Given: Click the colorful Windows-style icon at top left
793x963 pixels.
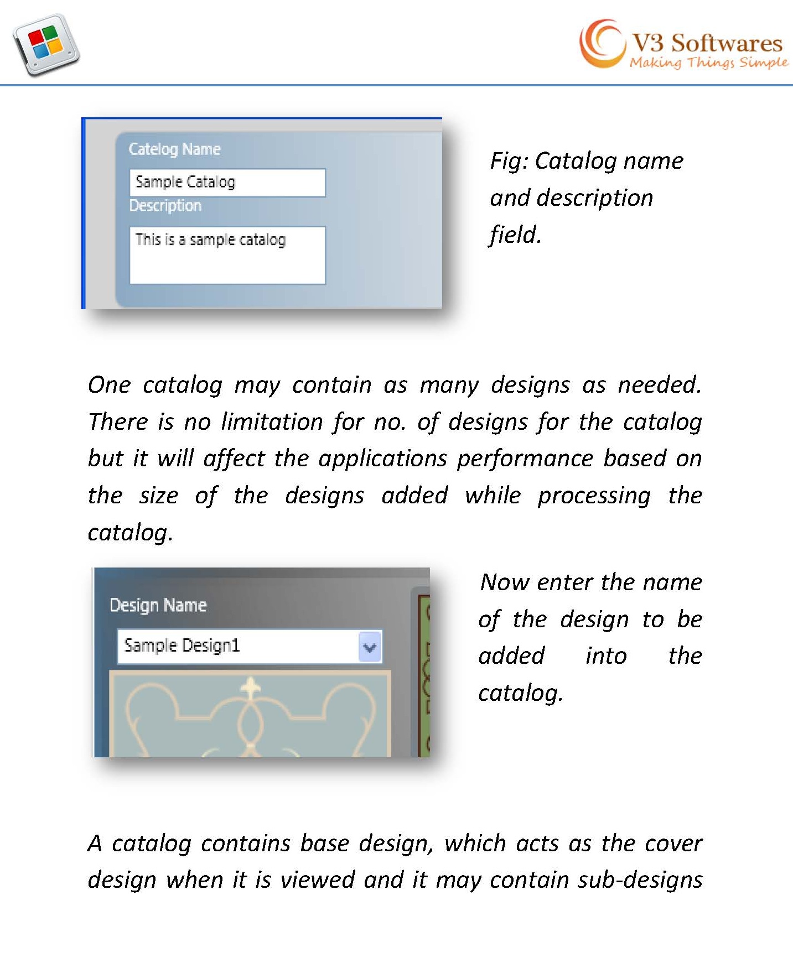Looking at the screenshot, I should [x=46, y=44].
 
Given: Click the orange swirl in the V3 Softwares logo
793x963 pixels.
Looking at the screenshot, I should [x=600, y=43].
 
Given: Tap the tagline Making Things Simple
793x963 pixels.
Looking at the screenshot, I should [x=708, y=63].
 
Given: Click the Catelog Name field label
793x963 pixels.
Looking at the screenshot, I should [x=174, y=149].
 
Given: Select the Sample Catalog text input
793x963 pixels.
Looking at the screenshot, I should [x=227, y=183].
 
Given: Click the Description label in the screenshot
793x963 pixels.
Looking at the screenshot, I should [x=165, y=206].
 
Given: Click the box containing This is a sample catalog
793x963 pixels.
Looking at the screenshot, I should [x=227, y=255].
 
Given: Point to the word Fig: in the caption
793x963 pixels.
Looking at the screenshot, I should [x=510, y=161].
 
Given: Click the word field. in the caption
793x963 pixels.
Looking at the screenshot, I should [x=515, y=235].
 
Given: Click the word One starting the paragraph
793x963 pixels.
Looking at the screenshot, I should [x=109, y=385].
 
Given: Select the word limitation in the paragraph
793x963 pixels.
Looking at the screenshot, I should [x=272, y=422].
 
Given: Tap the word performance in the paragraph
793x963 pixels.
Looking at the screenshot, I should [x=525, y=459].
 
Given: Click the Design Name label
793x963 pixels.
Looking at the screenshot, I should [x=158, y=605].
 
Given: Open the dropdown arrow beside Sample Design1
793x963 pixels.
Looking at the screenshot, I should [x=370, y=647].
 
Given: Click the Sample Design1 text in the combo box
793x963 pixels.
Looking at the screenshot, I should [x=182, y=646].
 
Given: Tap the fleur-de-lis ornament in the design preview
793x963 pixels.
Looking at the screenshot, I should [x=250, y=689].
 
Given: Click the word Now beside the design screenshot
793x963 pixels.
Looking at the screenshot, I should [x=502, y=582].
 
